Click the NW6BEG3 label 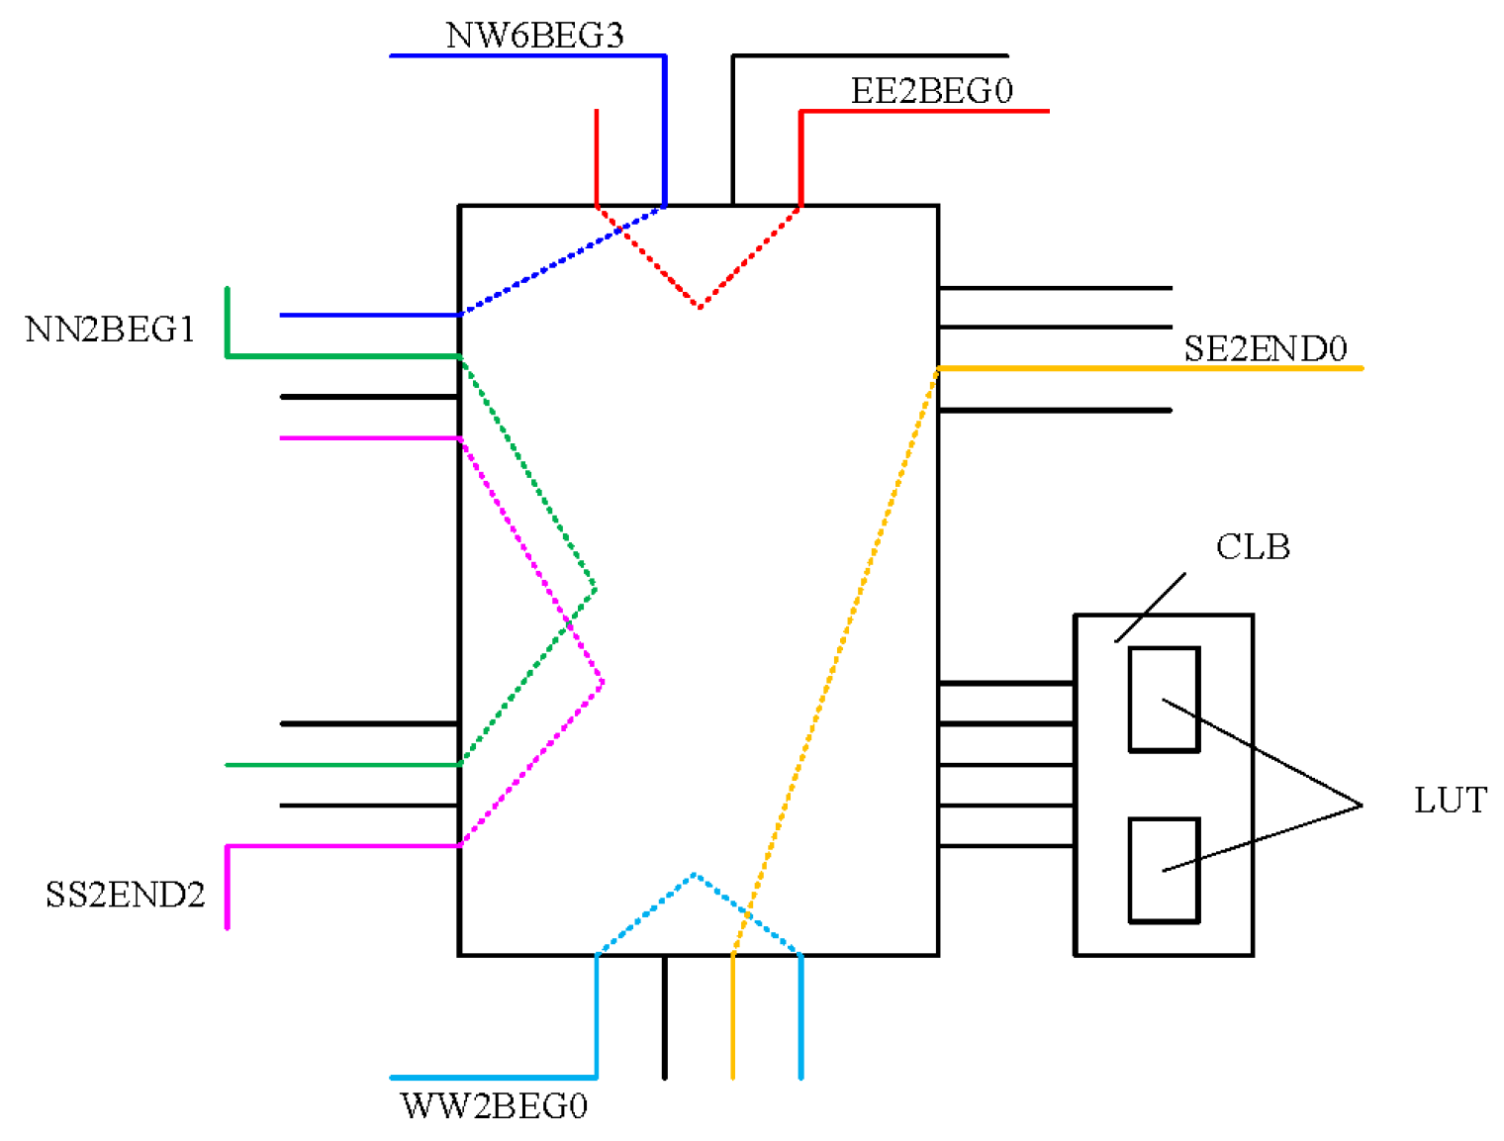click(x=534, y=35)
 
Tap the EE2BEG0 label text click(x=931, y=91)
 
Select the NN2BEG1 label click(x=110, y=330)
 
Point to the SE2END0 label click(x=1265, y=348)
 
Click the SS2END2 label click(x=125, y=895)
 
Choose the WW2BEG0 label click(x=494, y=1105)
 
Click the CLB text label click(x=1252, y=546)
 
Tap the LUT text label click(x=1450, y=801)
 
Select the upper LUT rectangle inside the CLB click(x=1164, y=700)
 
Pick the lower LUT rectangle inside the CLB click(x=1164, y=871)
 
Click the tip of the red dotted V click(x=700, y=307)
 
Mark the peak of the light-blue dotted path click(x=695, y=875)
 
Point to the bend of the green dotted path click(x=595, y=590)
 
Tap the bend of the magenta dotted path click(x=603, y=681)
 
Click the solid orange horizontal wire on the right click(x=1148, y=368)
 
